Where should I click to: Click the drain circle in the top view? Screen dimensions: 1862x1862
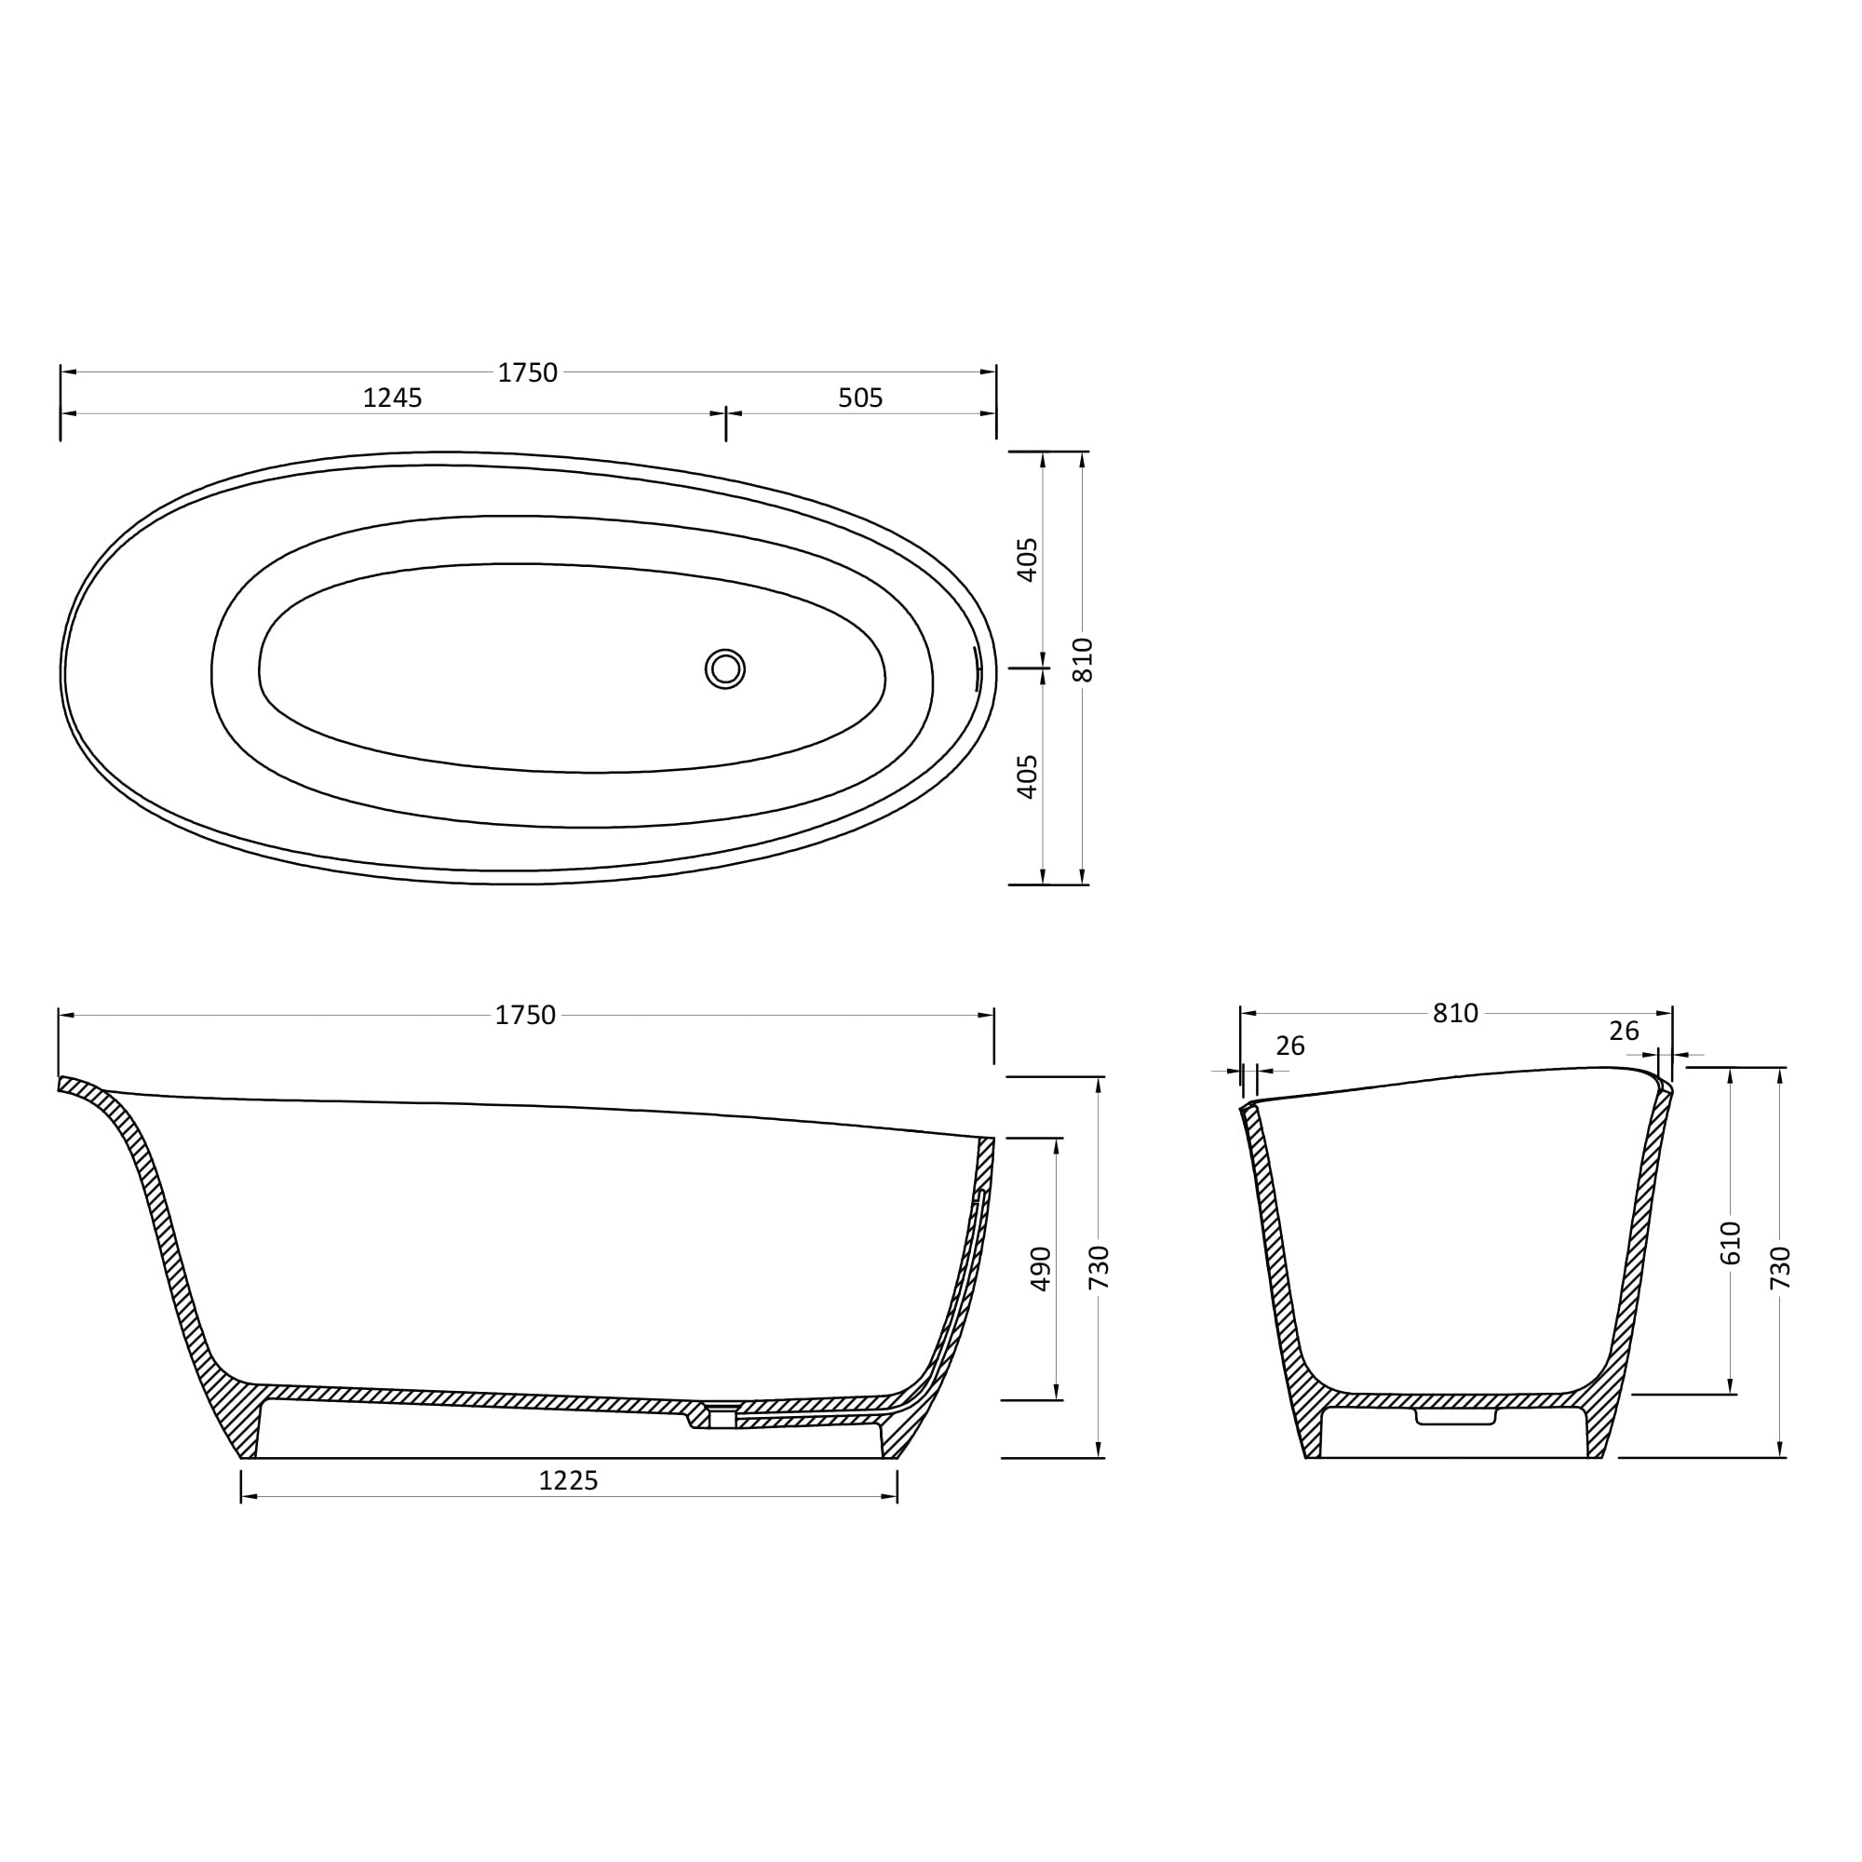(724, 668)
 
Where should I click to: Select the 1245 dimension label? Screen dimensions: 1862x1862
(392, 398)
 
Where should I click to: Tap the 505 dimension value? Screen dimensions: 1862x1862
(859, 398)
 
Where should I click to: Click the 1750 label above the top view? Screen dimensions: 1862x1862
(527, 373)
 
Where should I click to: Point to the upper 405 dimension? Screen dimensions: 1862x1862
(1028, 560)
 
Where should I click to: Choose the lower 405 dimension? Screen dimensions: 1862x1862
(1028, 776)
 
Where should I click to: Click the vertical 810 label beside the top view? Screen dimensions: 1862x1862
(1084, 660)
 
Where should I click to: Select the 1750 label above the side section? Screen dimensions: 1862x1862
(525, 1016)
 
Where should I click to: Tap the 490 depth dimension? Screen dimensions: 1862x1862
(1041, 1269)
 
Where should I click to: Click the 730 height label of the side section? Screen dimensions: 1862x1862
(1099, 1268)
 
